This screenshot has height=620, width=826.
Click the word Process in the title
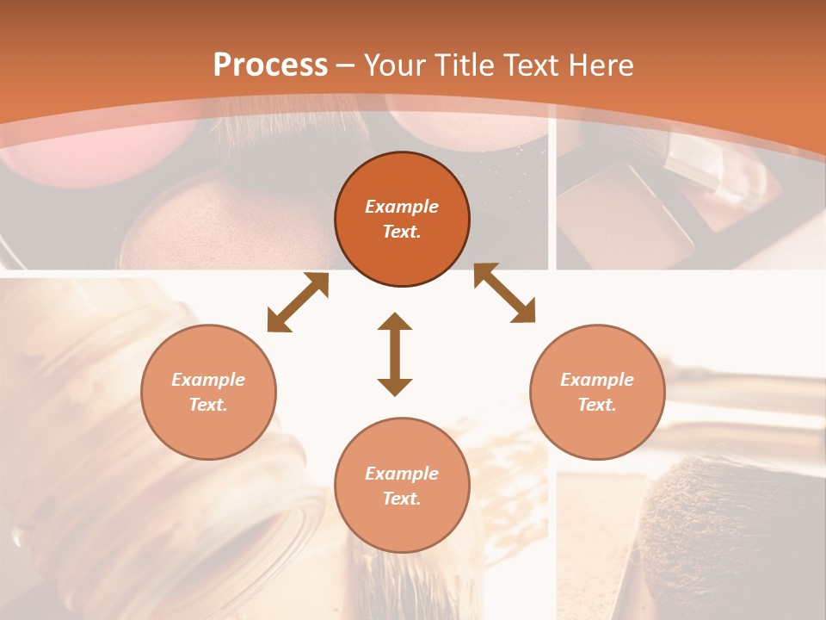click(270, 65)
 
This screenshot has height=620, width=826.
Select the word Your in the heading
click(393, 65)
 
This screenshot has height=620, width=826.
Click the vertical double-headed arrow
click(395, 355)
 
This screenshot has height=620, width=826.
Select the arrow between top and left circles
click(298, 302)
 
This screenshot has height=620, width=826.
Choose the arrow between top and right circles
click(504, 293)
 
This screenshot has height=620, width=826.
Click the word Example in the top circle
click(402, 207)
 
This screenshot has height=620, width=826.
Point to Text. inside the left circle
click(208, 405)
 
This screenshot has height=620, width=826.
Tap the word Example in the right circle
click(597, 380)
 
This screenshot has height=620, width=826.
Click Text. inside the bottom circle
click(402, 499)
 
